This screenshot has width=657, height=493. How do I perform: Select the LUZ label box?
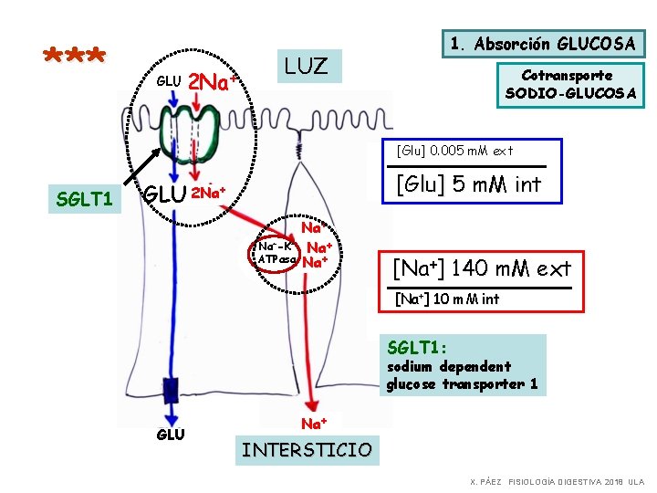[x=307, y=66]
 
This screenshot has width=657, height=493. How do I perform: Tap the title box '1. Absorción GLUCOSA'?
[x=543, y=44]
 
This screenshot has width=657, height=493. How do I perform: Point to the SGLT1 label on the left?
[x=83, y=197]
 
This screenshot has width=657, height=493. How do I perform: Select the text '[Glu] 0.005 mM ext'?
[x=454, y=150]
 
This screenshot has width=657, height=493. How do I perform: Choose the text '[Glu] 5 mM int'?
[x=467, y=184]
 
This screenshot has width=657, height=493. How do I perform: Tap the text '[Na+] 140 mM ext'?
[x=481, y=268]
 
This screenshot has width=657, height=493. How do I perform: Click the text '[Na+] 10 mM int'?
[x=446, y=299]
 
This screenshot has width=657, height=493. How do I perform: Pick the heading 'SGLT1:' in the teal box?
[x=417, y=347]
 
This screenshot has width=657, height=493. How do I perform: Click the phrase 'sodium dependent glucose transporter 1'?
[x=463, y=375]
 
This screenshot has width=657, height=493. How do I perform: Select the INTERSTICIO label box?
[x=306, y=449]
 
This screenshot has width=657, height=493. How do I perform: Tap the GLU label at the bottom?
[x=170, y=435]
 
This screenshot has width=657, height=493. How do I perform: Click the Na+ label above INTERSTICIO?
[x=315, y=423]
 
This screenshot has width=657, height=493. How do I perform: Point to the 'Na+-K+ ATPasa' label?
[x=276, y=253]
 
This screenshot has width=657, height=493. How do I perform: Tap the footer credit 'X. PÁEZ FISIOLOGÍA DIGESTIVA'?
[x=557, y=480]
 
